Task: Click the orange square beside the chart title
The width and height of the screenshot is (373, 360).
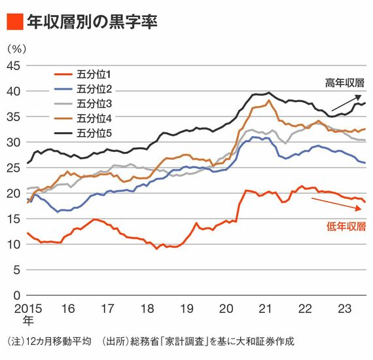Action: (x=15, y=22)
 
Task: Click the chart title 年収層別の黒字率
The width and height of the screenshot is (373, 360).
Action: (x=92, y=22)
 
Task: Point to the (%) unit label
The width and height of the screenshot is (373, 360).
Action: (x=16, y=49)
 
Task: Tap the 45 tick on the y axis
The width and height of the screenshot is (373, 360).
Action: (x=14, y=66)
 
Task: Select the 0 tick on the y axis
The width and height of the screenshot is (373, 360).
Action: (x=17, y=295)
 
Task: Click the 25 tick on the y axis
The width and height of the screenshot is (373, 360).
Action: (x=14, y=168)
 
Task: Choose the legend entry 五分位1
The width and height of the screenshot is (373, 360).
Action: (x=83, y=75)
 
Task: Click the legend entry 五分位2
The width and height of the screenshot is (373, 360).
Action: (x=83, y=89)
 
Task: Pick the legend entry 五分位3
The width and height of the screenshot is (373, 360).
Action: (x=83, y=104)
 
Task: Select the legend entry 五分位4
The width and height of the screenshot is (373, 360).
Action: (x=83, y=118)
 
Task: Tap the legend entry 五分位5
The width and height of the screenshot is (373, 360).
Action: (x=83, y=134)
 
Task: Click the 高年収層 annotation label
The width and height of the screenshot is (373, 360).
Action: (x=345, y=83)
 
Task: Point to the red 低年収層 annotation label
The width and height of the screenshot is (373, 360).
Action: (x=346, y=226)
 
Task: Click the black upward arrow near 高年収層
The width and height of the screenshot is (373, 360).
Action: (x=346, y=103)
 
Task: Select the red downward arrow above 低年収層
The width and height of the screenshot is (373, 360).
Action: (x=336, y=204)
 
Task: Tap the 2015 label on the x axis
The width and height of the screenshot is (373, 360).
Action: (x=28, y=309)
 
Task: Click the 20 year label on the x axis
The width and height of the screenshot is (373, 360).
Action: (x=226, y=309)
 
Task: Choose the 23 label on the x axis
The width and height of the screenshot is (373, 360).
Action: (x=345, y=309)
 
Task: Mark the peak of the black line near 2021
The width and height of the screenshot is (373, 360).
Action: (x=269, y=92)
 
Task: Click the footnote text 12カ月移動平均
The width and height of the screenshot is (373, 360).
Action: (x=58, y=342)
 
